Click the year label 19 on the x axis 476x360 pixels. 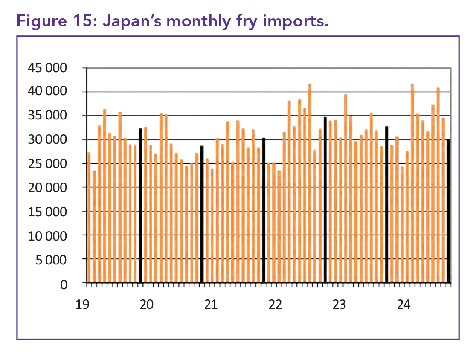[x=82, y=305]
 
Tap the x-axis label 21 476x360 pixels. [x=211, y=305]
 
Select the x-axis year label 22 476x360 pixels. [x=275, y=305]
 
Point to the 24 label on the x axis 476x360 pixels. [x=403, y=305]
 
